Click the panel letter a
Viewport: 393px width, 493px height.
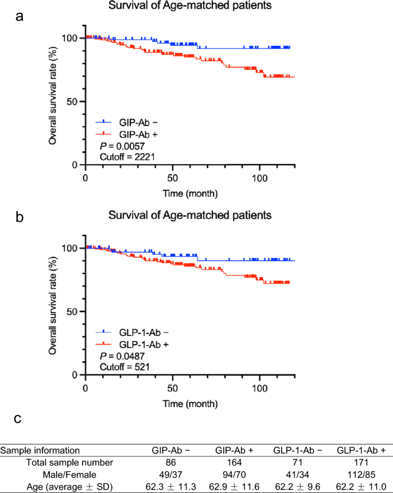pos(20,16)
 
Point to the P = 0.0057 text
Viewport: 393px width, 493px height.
pos(116,144)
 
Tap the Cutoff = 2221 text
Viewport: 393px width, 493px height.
pos(120,155)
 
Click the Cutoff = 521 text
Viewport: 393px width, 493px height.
pos(118,366)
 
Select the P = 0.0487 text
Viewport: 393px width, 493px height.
pos(116,355)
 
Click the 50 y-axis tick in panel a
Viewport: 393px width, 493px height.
pos(73,101)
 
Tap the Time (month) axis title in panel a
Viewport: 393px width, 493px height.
pos(189,192)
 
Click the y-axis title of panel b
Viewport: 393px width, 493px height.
pos(52,311)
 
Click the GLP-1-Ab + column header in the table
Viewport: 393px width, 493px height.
pos(362,450)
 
